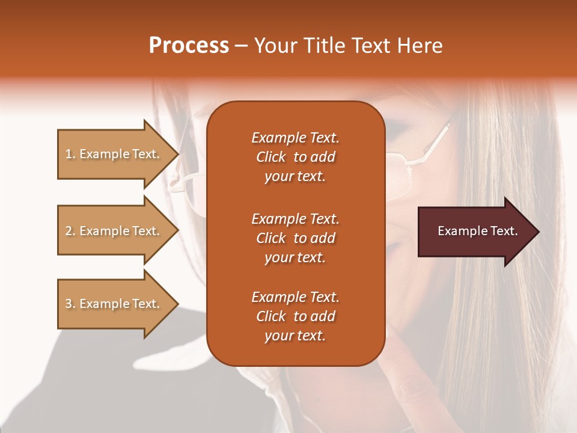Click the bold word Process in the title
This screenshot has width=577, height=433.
tap(189, 46)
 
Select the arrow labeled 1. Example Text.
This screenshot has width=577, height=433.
tap(114, 154)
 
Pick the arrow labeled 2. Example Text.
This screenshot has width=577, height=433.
tap(114, 231)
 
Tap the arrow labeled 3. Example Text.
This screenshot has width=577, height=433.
tap(114, 304)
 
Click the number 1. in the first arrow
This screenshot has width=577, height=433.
tap(70, 154)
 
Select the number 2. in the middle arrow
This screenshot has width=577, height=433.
tap(70, 231)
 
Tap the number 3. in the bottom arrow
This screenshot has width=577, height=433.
tap(70, 304)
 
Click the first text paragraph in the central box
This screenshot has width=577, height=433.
tap(295, 157)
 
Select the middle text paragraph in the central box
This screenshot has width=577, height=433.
tap(295, 238)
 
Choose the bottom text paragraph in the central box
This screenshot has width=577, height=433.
tap(295, 316)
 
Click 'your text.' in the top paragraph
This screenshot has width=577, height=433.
tap(295, 177)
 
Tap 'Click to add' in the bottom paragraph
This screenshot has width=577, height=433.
tap(295, 316)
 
